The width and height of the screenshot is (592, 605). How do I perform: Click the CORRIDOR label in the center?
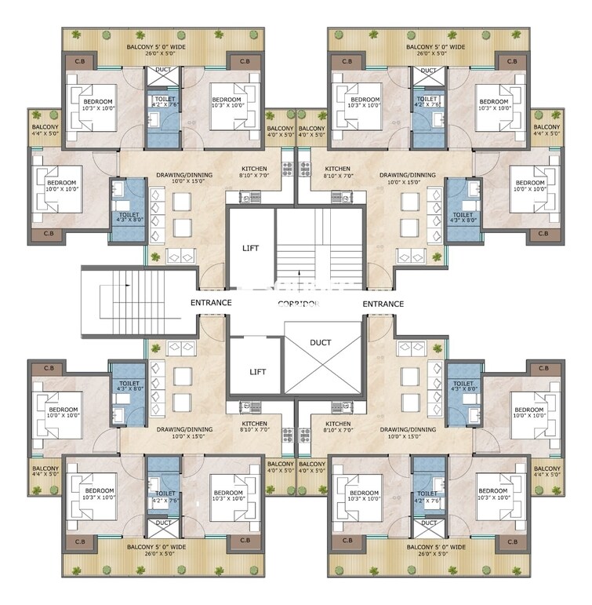click(297, 304)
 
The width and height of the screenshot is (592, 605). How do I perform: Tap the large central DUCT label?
click(321, 342)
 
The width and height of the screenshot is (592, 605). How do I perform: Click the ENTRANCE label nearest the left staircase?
click(210, 303)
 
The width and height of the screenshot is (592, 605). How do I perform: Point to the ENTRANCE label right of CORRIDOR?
click(383, 304)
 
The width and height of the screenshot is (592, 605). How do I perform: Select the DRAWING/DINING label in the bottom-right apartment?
click(407, 429)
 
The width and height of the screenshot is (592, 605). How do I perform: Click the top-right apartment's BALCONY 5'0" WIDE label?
click(435, 47)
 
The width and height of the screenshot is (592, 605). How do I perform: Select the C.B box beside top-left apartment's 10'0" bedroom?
click(49, 233)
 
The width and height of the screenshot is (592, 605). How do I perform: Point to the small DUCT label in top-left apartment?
click(163, 71)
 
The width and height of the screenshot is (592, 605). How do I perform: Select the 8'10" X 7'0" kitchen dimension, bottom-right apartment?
click(338, 437)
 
